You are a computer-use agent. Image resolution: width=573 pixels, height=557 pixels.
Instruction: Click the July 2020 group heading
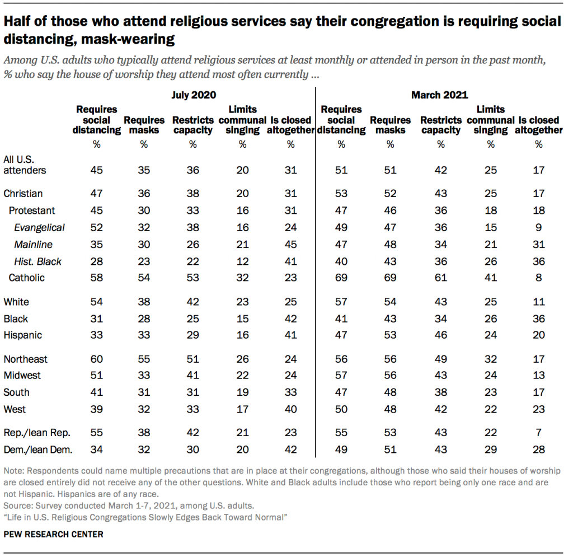pos(194,95)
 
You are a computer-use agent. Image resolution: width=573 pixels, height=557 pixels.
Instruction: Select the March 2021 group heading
pos(439,95)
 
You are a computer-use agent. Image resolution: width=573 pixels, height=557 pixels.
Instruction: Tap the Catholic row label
pos(26,278)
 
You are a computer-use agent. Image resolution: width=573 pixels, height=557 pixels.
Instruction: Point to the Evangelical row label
pos(39,227)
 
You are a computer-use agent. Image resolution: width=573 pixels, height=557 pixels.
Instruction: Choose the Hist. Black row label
pos(37,261)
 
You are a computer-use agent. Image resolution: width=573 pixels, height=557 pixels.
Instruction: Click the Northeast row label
pos(26,359)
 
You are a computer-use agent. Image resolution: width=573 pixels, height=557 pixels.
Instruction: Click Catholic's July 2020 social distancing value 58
pos(97,278)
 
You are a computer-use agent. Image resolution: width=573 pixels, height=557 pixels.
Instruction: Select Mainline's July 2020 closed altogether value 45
pos(290,244)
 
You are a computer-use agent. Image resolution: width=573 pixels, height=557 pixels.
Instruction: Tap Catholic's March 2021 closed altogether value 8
pos(539,278)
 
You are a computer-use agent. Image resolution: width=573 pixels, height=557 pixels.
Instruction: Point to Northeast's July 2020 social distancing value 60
pos(97,359)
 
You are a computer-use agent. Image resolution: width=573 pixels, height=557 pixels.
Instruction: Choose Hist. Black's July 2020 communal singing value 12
pos(242,261)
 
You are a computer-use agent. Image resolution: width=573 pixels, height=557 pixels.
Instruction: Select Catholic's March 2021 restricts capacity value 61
pos(440,278)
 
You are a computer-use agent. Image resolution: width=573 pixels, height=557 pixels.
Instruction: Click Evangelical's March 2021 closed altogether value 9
pos(539,227)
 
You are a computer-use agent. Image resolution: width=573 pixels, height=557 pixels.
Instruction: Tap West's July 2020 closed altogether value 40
pos(290,409)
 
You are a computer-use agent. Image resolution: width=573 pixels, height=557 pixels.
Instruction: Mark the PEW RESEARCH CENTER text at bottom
pos(54,535)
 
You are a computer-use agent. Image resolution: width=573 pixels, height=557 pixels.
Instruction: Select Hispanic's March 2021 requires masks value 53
pos(390,335)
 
